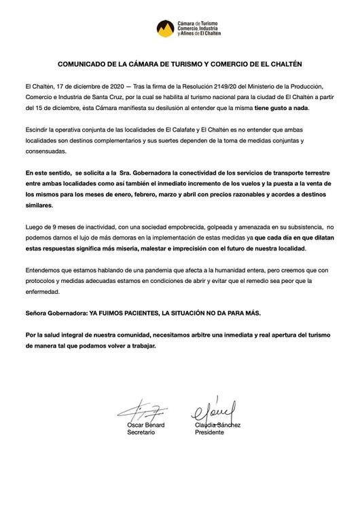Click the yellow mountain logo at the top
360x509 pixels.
click(164, 29)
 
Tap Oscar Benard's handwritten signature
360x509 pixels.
click(141, 412)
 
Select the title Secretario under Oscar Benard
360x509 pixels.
click(142, 432)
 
